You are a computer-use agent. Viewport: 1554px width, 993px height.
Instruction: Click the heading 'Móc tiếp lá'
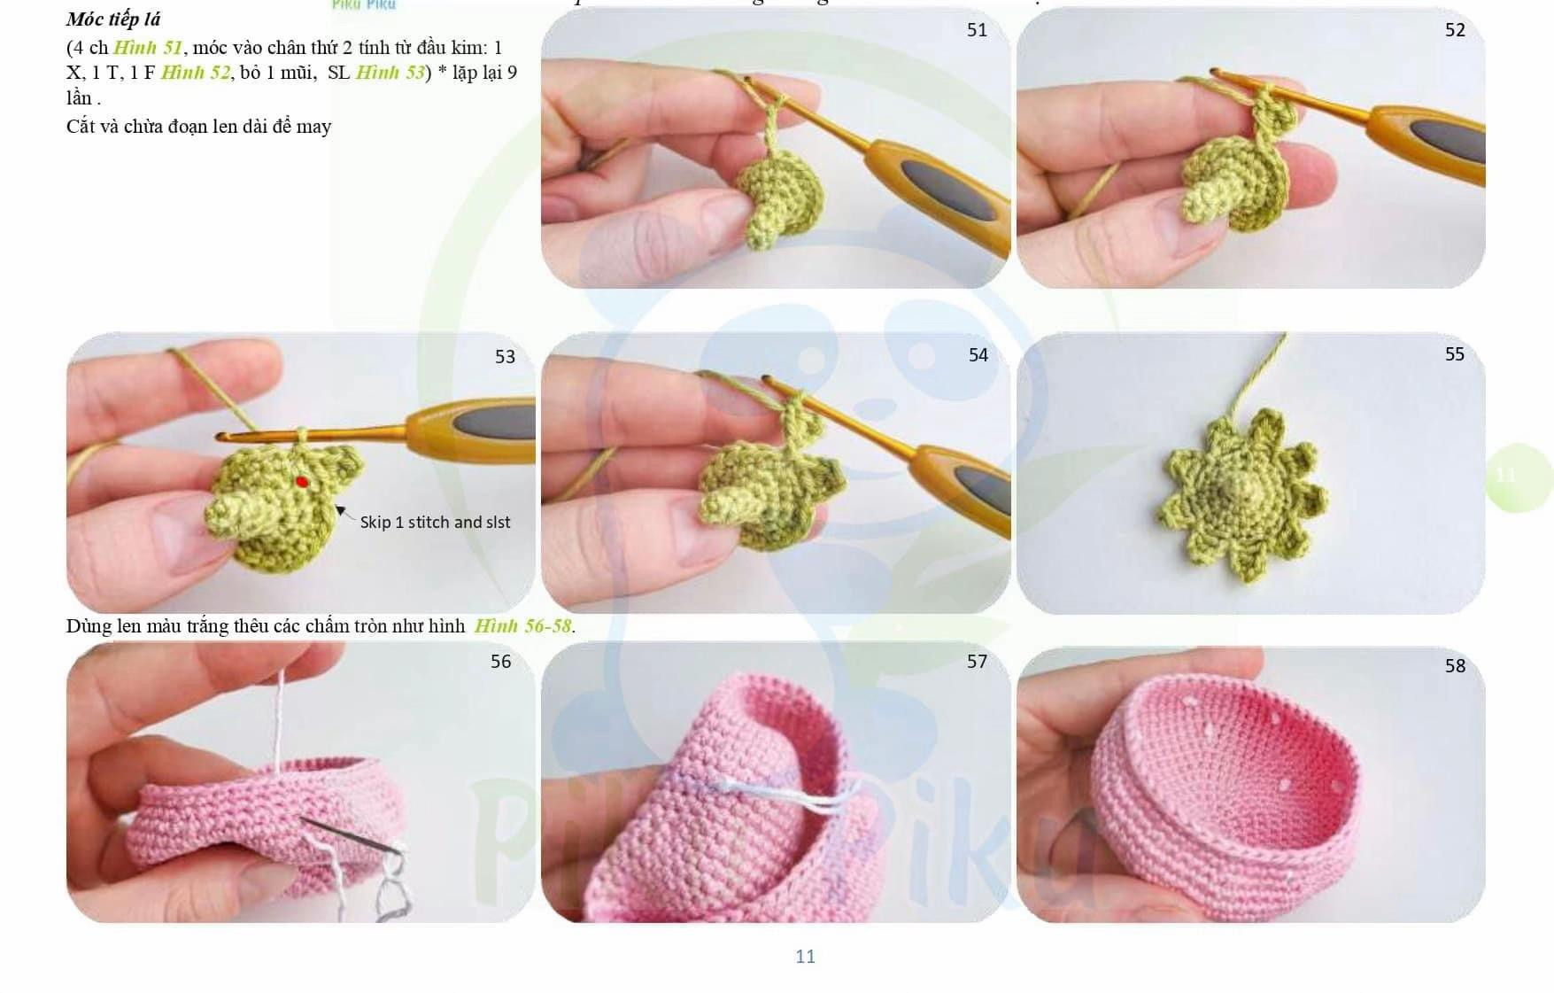coord(113,19)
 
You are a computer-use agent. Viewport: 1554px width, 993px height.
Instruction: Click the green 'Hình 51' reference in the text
coord(147,48)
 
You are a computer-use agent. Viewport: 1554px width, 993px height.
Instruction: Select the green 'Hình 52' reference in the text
coord(195,73)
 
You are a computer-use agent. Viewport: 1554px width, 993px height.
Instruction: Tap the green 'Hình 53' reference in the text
coord(390,73)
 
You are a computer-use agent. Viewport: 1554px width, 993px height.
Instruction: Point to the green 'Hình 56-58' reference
coord(522,626)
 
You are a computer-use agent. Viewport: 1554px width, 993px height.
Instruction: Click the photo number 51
coord(977,30)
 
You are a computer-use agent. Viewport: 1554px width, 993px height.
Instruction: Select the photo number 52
coord(1455,30)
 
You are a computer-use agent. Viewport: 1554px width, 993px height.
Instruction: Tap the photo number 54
coord(978,355)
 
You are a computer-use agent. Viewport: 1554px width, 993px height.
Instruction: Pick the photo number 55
coord(1454,354)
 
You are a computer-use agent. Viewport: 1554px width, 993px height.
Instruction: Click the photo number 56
coord(500,662)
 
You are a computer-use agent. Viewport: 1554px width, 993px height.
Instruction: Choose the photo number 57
coord(977,662)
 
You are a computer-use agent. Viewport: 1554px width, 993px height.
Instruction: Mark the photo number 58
coord(1455,666)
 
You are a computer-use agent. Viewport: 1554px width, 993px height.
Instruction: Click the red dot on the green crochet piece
coord(302,482)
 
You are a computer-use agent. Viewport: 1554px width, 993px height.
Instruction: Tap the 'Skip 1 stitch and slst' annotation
coord(435,523)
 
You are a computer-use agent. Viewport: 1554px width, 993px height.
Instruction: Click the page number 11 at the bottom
coord(805,957)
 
